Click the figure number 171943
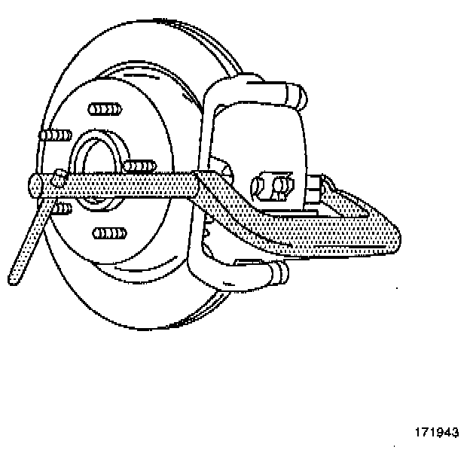point(436,433)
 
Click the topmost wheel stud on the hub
point(105,110)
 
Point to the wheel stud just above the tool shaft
point(141,166)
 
